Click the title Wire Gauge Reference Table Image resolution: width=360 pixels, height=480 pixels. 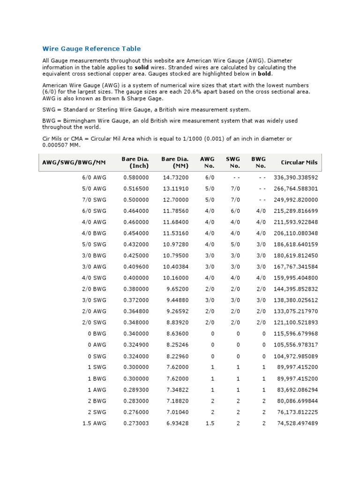[91, 49]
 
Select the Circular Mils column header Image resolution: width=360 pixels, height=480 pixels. [299, 163]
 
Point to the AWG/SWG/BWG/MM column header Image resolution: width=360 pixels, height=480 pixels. [74, 163]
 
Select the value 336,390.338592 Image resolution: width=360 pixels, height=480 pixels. [295, 178]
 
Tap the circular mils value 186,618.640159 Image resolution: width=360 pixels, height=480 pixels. [295, 245]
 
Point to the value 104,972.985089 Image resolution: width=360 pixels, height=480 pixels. [295, 356]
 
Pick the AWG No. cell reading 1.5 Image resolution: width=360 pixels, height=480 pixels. [210, 423]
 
